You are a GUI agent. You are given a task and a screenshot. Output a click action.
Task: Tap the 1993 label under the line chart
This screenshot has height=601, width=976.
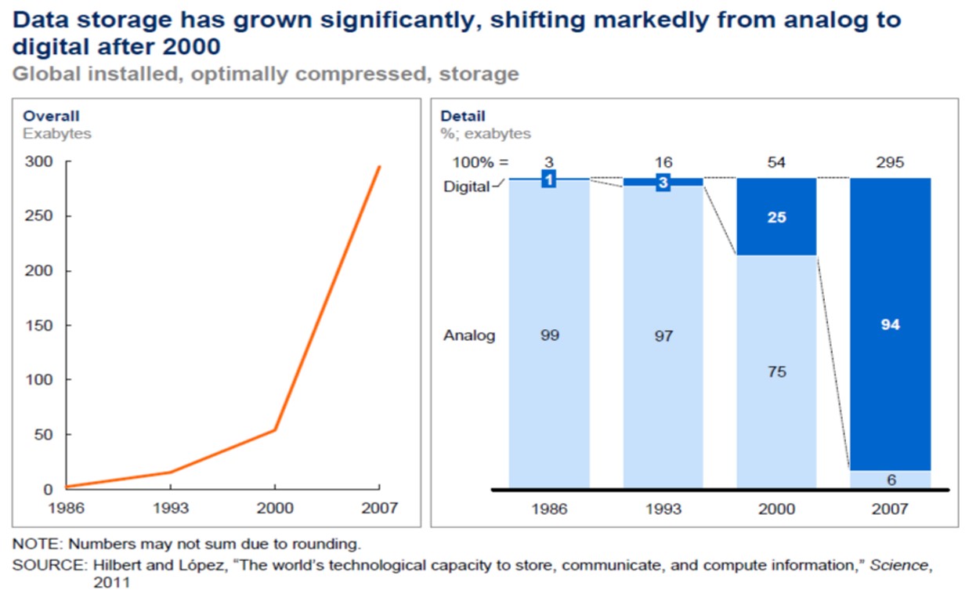170,509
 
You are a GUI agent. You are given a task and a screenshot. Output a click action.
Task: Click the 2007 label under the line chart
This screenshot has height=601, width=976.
379,509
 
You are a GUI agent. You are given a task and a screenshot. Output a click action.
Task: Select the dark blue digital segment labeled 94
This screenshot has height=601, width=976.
890,324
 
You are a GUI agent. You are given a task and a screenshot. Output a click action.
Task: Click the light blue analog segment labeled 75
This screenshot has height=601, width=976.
776,371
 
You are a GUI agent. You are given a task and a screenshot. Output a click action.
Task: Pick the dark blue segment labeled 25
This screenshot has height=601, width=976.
776,217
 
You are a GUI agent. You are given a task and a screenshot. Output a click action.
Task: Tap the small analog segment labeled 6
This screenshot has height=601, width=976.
890,480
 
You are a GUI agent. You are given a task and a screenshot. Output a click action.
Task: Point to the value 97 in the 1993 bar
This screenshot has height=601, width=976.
663,336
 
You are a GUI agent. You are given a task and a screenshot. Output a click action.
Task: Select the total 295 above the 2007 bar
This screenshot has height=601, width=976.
890,163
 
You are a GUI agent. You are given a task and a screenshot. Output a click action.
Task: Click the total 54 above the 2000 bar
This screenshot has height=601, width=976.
776,163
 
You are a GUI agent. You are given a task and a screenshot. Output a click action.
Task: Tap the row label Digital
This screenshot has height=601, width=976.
466,187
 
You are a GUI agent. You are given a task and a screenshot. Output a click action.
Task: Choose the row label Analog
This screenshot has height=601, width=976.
469,335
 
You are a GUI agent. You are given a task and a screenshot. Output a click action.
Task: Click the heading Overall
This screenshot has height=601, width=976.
51,117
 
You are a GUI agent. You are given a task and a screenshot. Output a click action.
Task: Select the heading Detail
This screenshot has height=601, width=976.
463,117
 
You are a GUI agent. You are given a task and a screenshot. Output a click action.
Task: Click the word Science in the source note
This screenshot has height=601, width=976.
892,566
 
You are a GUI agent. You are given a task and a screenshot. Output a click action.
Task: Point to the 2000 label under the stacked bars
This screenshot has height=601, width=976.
776,509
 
